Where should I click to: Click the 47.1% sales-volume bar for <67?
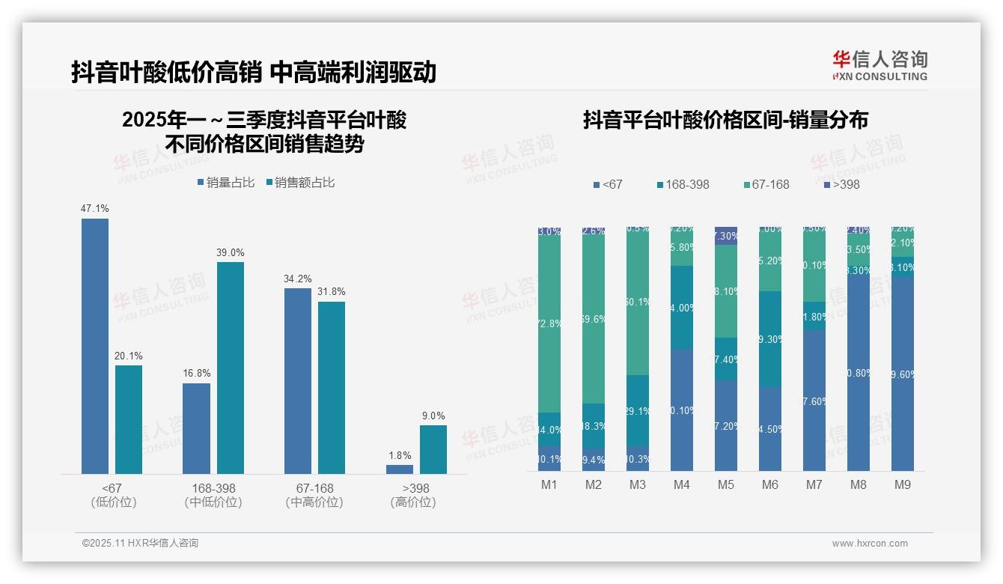(x=95, y=346)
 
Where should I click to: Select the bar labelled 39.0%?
(x=231, y=368)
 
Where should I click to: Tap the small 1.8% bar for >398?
(x=400, y=469)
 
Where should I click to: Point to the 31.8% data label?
(x=331, y=292)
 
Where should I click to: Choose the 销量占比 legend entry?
(x=226, y=182)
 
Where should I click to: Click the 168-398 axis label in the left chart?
(x=213, y=488)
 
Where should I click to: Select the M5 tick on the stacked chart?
(x=725, y=484)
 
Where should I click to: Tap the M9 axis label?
(x=903, y=484)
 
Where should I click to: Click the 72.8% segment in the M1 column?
(x=549, y=324)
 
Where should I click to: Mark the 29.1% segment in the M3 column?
(x=638, y=410)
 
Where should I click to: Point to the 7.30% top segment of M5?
(x=726, y=235)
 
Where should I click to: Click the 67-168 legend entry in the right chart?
(x=766, y=184)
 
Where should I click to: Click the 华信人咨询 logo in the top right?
(x=879, y=65)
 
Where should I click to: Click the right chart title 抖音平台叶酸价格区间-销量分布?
(x=725, y=121)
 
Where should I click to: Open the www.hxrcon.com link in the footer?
(x=870, y=544)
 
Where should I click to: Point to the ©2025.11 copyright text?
(x=140, y=544)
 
